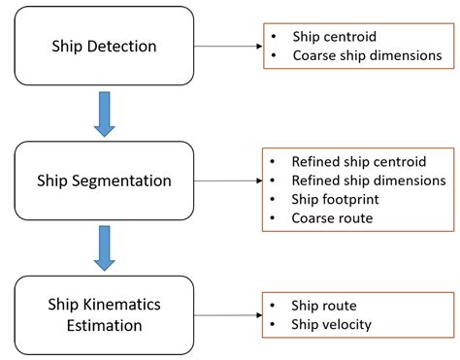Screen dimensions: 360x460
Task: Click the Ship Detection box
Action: click(x=104, y=46)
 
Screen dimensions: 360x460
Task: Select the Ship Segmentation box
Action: click(x=104, y=180)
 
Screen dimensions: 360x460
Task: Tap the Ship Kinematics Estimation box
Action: click(x=104, y=314)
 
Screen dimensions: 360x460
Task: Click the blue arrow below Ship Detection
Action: click(x=104, y=114)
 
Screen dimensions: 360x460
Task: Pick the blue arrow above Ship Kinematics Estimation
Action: click(x=104, y=248)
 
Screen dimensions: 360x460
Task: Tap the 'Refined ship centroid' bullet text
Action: click(x=358, y=161)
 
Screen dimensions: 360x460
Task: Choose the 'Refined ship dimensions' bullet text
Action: click(x=368, y=180)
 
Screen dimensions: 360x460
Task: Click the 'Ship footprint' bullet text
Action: click(x=336, y=199)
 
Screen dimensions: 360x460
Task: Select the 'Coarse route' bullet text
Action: click(x=331, y=218)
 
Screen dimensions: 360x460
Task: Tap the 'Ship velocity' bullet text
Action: click(x=331, y=324)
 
